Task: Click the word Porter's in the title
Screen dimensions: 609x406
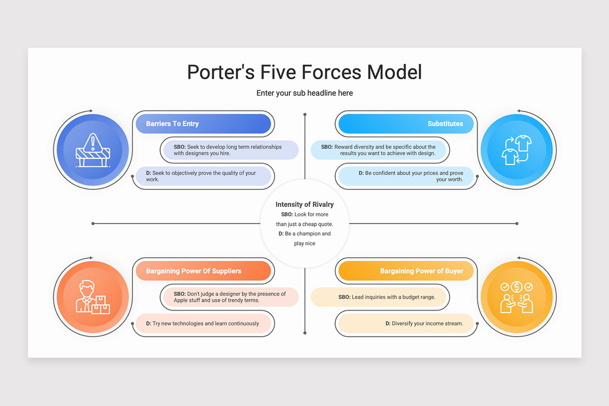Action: tap(221, 72)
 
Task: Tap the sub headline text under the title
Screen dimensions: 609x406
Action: tap(304, 93)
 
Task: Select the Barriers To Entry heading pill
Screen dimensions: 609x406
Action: tap(204, 124)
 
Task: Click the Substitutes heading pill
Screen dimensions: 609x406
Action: tap(406, 124)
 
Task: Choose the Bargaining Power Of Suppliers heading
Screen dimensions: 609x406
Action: tap(193, 271)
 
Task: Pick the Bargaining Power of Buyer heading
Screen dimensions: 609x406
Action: tap(422, 271)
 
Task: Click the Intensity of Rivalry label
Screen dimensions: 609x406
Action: tap(304, 204)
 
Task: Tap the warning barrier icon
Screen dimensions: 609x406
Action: tap(93, 150)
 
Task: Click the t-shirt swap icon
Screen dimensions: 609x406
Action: tap(517, 150)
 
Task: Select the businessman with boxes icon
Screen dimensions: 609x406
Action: tap(93, 297)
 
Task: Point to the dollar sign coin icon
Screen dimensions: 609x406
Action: tap(517, 287)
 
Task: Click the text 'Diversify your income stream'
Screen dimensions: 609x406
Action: tap(427, 323)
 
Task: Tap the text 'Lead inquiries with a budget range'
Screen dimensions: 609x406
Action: tap(393, 297)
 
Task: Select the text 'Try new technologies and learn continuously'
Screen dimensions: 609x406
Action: tap(206, 323)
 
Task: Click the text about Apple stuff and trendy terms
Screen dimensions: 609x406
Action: tap(230, 297)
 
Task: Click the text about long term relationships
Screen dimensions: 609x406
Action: tap(228, 150)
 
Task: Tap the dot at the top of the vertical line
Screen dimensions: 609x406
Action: tap(305, 115)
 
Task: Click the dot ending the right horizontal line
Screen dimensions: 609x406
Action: tap(517, 223)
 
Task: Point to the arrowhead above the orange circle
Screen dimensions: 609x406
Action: tap(91, 258)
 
